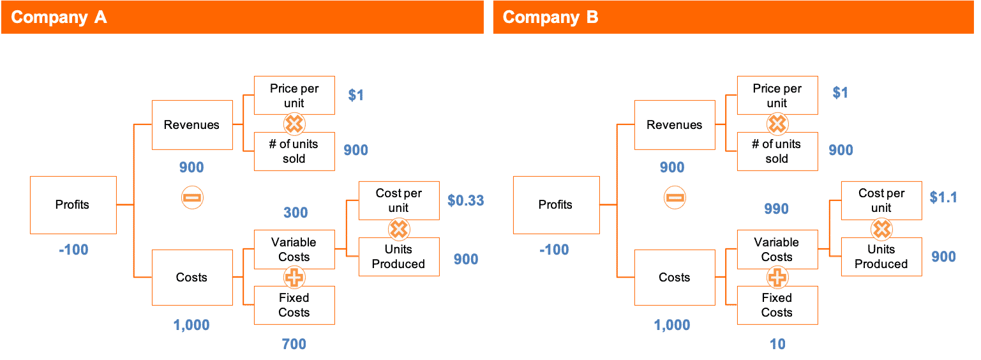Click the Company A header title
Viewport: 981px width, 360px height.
click(x=59, y=17)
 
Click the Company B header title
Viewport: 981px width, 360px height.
click(x=550, y=17)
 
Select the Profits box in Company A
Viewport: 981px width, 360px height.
click(x=73, y=205)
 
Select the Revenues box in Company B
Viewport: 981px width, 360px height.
click(x=674, y=125)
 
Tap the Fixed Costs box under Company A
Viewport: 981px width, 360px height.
click(x=294, y=305)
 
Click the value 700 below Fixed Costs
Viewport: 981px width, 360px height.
click(x=294, y=345)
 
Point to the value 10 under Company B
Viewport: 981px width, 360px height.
click(x=777, y=345)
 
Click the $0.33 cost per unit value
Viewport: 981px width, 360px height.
click(x=465, y=200)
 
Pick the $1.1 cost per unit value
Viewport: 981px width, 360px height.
click(x=943, y=197)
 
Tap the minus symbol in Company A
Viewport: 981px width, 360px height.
click(x=192, y=198)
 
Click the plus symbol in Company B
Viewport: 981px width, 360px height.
click(x=777, y=278)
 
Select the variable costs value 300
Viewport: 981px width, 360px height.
click(x=296, y=213)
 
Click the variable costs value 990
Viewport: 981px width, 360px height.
click(x=777, y=209)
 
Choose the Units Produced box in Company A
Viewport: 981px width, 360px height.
click(x=399, y=257)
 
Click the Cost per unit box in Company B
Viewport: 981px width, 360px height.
click(x=881, y=200)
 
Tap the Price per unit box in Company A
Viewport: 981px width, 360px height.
click(x=294, y=96)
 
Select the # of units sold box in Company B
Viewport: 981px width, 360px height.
click(x=777, y=151)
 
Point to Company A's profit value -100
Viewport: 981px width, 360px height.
click(x=73, y=250)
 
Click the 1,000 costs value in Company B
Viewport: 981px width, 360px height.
click(x=672, y=325)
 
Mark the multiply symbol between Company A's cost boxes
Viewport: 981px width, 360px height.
click(x=399, y=229)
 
